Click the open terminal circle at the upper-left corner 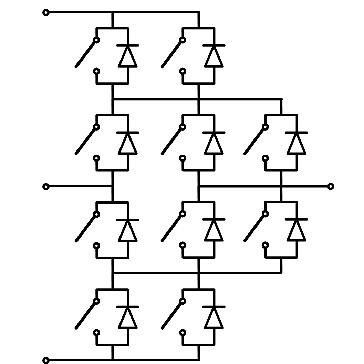click(x=46, y=13)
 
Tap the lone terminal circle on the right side click(x=331, y=186)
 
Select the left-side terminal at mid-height click(x=46, y=187)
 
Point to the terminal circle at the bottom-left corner click(x=46, y=360)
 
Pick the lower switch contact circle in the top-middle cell click(x=183, y=72)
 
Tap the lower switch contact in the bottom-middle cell click(x=183, y=333)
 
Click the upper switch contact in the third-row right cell click(x=266, y=214)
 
